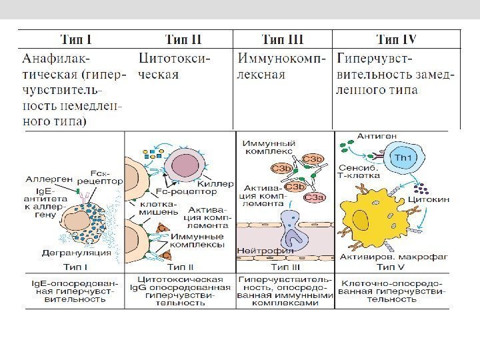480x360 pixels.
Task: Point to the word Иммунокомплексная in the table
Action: click(283, 66)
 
